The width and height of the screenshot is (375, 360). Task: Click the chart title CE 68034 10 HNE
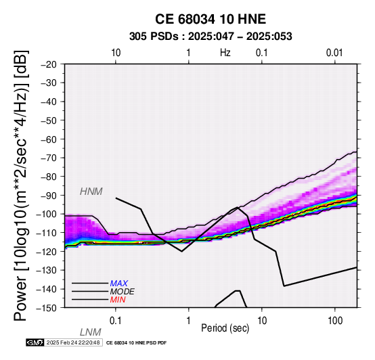[211, 19]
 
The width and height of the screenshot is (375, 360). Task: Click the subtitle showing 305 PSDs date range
[211, 37]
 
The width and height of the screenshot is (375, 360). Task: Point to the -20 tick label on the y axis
[48, 64]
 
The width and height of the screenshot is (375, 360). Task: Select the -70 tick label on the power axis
[48, 158]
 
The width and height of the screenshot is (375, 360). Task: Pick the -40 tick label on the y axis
[48, 102]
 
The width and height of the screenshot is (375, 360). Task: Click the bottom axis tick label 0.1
[115, 321]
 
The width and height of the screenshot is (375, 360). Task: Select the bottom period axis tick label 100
[335, 321]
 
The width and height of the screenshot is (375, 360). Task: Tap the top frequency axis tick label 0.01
[334, 53]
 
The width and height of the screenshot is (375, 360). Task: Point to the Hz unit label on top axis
[225, 53]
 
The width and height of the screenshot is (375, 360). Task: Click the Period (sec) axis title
[225, 328]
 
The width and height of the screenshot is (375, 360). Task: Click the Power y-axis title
[21, 185]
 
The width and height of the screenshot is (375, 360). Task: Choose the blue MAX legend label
[119, 284]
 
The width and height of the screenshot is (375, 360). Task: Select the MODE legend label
[123, 292]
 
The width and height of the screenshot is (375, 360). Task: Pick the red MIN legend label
[118, 300]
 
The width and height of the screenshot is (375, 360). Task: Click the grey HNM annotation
[91, 192]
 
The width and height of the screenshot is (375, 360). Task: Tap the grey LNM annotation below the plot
[91, 332]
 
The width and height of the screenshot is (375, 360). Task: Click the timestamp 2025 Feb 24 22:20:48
[73, 342]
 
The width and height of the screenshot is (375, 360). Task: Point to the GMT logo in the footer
[35, 342]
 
